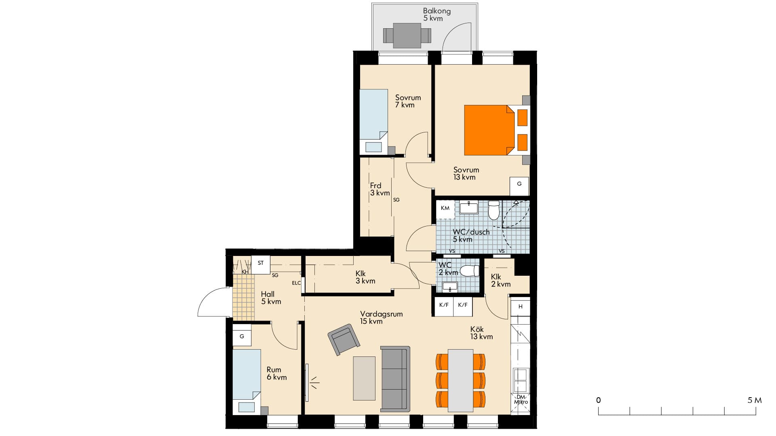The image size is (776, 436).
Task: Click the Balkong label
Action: [x=436, y=11]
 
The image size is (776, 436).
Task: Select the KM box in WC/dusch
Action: [x=445, y=208]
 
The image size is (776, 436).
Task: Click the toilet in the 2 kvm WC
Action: [x=469, y=270]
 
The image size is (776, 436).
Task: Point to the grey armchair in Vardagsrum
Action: [x=344, y=340]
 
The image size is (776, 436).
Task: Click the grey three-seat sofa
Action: [x=395, y=379]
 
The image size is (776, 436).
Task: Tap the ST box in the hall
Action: [x=261, y=263]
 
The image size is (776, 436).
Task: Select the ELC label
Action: [x=296, y=283]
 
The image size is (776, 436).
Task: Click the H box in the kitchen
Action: [x=520, y=307]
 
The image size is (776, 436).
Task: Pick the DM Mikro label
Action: [x=521, y=399]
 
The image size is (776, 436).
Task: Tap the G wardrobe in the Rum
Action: [x=242, y=336]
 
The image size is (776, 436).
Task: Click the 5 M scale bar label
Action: [x=754, y=400]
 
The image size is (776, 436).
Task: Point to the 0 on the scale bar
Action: [x=598, y=400]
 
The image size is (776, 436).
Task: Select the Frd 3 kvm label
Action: [x=380, y=189]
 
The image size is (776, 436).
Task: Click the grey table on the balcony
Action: [x=407, y=36]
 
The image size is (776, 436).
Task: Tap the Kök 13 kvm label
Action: [x=481, y=333]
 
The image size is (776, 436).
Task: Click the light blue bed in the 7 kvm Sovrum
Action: [x=374, y=121]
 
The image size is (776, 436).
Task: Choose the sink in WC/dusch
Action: [x=469, y=208]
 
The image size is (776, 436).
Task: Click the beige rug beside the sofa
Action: [x=364, y=378]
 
